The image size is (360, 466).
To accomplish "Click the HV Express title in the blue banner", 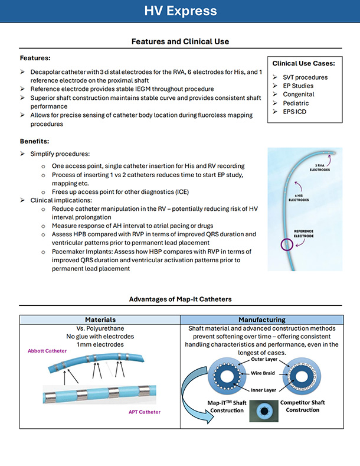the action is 181,11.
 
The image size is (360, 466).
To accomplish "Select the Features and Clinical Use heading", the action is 181,41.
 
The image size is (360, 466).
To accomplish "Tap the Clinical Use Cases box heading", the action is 303,63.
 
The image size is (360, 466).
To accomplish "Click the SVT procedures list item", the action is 305,77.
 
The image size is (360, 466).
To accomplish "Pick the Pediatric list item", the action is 296,103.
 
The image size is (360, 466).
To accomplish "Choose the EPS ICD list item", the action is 294,112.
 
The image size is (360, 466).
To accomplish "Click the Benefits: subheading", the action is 34,141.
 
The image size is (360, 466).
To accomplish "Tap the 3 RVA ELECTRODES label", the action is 320,168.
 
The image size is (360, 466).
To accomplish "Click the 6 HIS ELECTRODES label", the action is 299,198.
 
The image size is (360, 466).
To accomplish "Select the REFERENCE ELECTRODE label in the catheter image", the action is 303,234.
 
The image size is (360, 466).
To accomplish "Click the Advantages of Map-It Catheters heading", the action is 181,299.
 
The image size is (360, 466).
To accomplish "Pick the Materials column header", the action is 100,320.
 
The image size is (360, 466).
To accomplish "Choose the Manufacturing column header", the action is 261,320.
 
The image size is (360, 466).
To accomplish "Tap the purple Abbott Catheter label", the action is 47,351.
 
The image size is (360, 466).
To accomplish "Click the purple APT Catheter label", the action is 145,412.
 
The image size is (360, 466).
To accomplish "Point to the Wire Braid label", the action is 263,373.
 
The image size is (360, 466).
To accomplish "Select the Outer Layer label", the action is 264,359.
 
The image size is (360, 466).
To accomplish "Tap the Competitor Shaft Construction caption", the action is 302,406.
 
